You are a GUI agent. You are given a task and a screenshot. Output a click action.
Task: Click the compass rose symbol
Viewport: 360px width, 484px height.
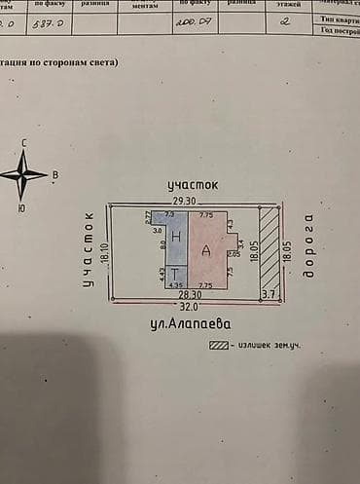click(x=23, y=175)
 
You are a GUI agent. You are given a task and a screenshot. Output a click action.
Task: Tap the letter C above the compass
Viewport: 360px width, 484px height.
click(x=23, y=144)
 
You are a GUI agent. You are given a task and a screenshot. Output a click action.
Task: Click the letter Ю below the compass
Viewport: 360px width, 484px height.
click(x=21, y=207)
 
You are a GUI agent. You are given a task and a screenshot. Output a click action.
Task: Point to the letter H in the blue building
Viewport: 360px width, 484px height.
click(x=176, y=237)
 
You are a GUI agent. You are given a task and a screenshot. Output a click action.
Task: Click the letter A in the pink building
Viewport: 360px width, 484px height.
click(x=206, y=250)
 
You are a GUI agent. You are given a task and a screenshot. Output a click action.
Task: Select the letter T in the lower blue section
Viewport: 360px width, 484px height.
click(x=175, y=275)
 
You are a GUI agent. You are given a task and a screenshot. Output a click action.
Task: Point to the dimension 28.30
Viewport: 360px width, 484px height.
click(x=189, y=294)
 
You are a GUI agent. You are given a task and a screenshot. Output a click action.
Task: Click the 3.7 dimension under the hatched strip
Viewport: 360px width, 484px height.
click(x=270, y=293)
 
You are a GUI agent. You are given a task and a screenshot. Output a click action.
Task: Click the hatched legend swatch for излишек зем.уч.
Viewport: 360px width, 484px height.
click(x=220, y=344)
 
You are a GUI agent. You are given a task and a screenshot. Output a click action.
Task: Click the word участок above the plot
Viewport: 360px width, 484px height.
click(x=192, y=183)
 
